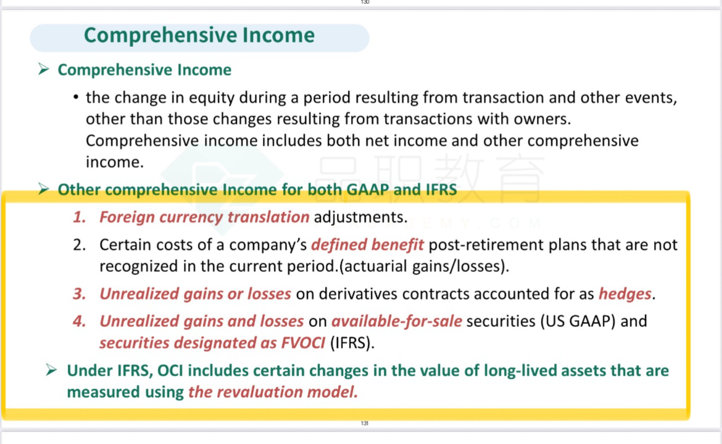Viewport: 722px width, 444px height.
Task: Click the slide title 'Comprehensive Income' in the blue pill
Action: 199,35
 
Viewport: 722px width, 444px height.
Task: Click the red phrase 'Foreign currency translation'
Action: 204,216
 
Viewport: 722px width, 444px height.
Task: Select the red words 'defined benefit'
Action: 367,244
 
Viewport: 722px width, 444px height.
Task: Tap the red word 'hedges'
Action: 625,294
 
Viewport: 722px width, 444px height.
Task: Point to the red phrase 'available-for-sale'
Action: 396,321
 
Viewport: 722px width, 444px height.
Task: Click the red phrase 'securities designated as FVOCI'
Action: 212,343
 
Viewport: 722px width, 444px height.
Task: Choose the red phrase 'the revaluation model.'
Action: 273,392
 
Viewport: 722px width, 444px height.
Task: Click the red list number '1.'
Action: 80,216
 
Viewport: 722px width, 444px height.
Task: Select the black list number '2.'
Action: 80,244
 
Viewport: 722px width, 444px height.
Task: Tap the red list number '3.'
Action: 80,294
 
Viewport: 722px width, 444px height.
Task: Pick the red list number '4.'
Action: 80,321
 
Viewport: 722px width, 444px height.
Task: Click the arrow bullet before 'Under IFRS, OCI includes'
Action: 52,370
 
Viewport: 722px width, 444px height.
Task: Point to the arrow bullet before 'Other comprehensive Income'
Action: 44,189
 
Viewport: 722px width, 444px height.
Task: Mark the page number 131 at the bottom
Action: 365,423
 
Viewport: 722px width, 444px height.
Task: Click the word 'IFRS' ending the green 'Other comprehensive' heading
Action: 441,189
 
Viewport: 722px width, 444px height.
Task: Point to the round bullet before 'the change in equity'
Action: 76,97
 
